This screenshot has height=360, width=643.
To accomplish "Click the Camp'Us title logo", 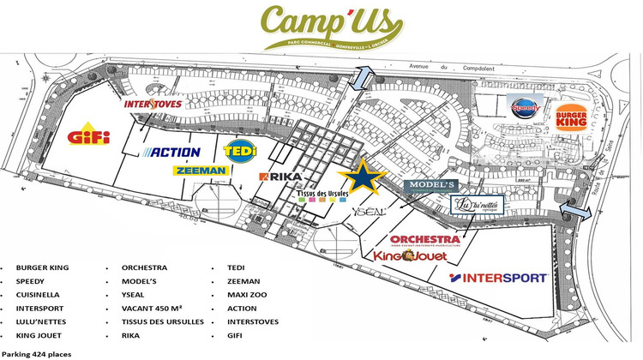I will coord(321,27).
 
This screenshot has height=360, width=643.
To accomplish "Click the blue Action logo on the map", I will coord(174,153).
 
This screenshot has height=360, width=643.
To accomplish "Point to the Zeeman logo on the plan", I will coord(201,171).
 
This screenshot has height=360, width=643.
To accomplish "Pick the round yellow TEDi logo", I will coord(239,149).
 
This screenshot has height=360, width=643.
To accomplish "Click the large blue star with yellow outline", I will coord(358,177).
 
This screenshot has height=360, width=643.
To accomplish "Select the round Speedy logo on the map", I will coord(524,107).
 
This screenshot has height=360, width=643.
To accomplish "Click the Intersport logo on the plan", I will coord(498,278).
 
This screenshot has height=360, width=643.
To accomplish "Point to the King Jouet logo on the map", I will coord(414,255).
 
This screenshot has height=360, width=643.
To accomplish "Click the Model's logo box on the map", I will coord(428,185).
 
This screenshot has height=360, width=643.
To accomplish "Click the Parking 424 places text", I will coord(37,353).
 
